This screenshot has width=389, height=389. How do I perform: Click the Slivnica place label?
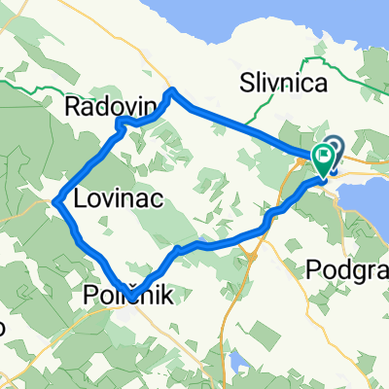(x=285, y=85)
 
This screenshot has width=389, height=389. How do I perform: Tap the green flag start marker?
(x=322, y=158)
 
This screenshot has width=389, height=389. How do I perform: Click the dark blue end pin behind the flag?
(x=334, y=148)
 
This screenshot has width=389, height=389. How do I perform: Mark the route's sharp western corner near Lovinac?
(x=57, y=201)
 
